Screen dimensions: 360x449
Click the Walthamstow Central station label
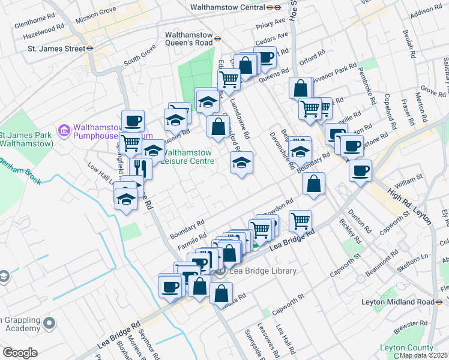click(228, 8)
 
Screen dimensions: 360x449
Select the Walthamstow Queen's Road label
click(189, 39)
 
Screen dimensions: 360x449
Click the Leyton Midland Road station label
click(397, 302)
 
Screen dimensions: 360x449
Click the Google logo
click(20, 353)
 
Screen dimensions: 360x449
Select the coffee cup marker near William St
click(360, 170)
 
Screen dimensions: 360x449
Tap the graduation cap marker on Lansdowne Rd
click(241, 163)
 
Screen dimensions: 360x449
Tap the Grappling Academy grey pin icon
click(49, 323)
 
